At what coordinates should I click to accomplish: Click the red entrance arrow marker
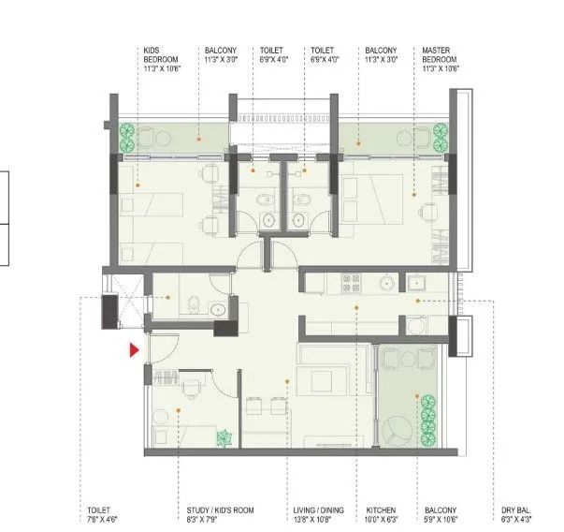135,349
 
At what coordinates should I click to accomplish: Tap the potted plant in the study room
224,436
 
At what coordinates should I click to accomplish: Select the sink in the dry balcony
415,324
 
